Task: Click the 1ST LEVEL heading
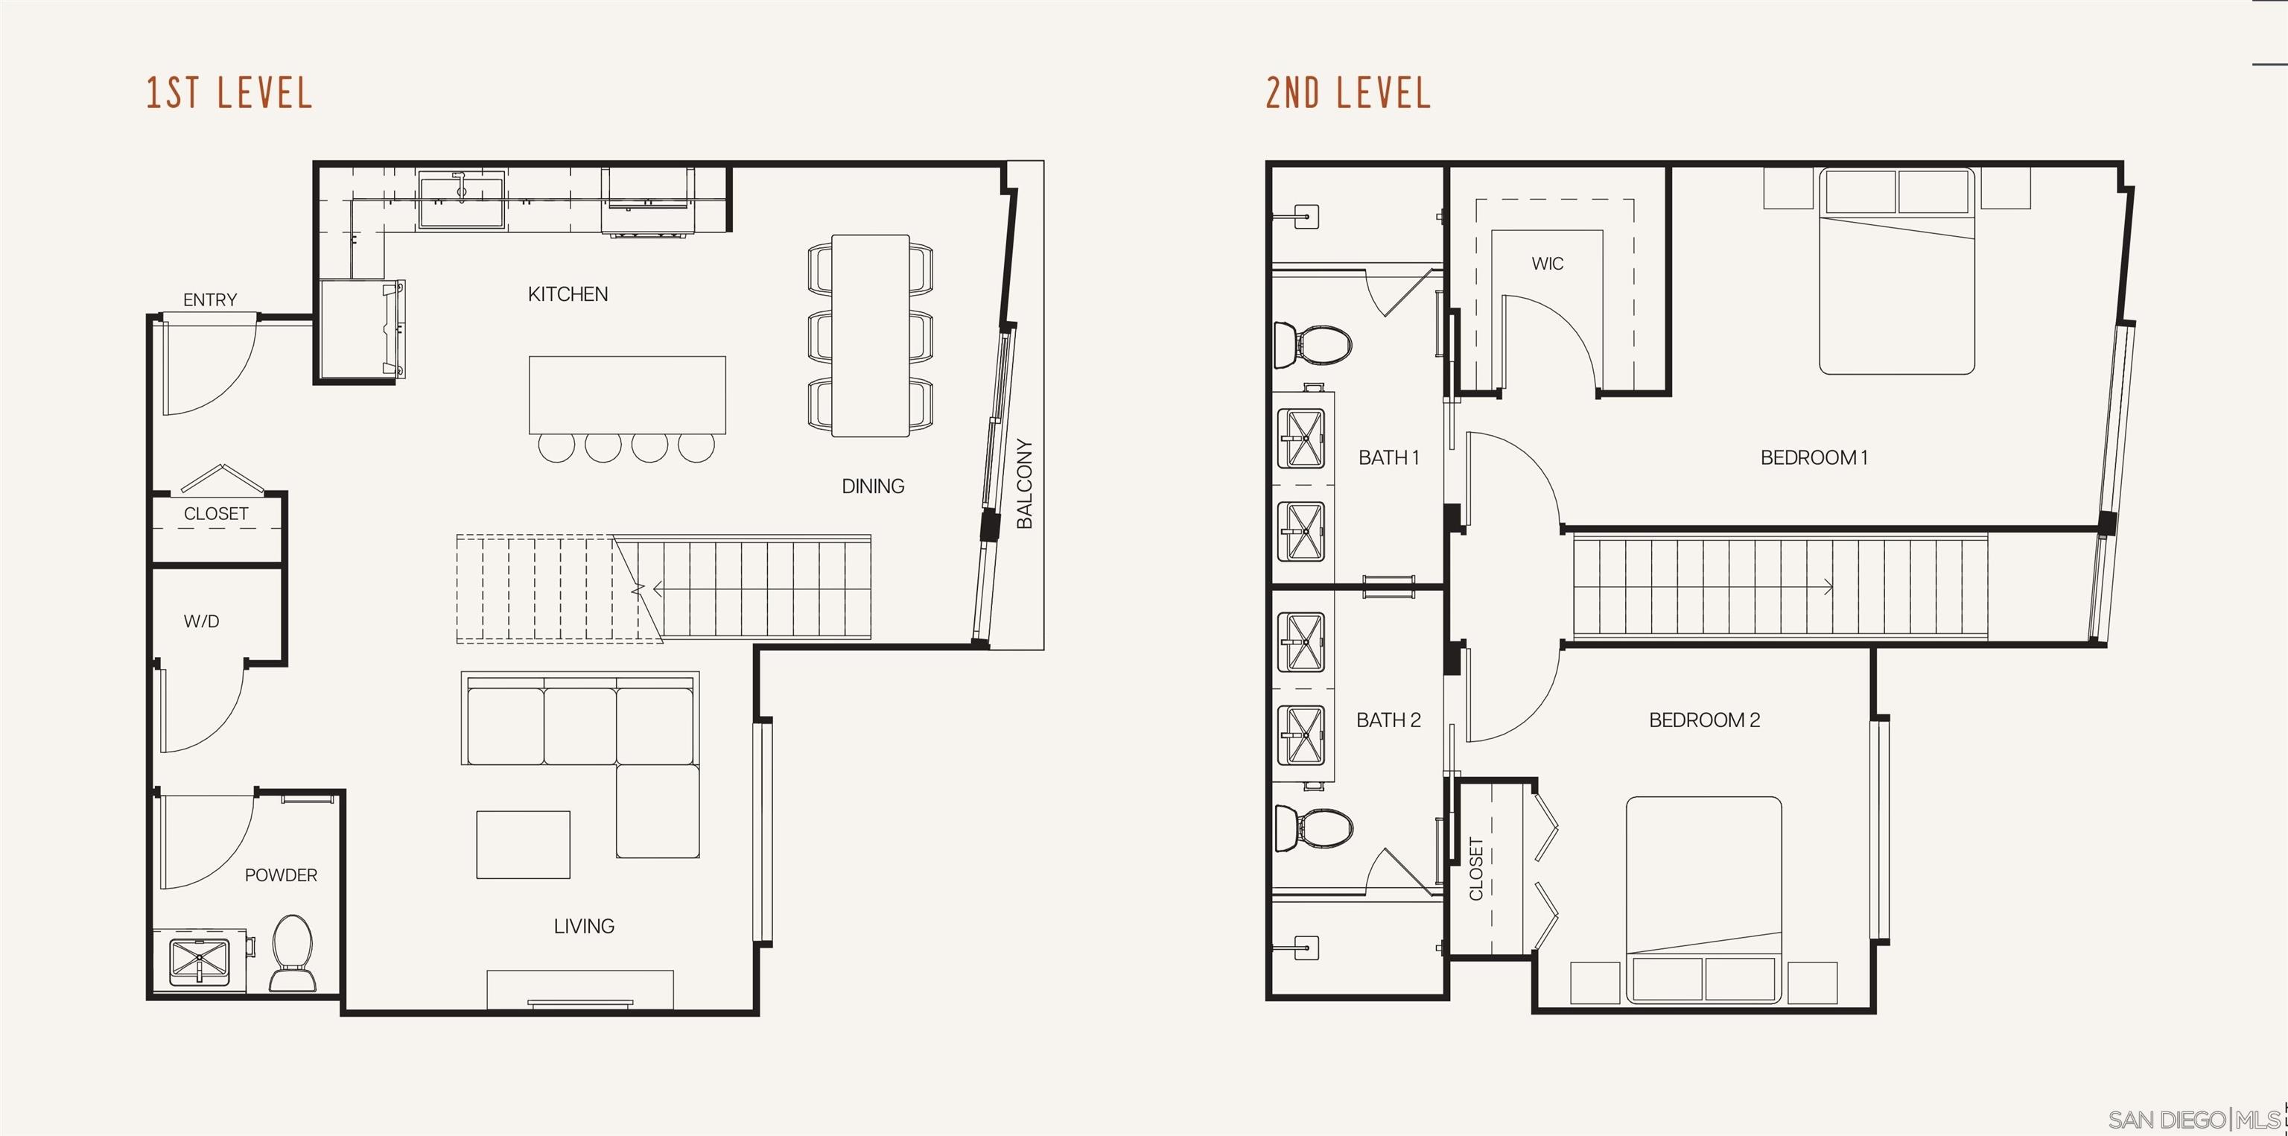pyautogui.click(x=229, y=93)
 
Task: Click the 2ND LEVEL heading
pyautogui.click(x=1347, y=93)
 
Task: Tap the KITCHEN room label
pyautogui.click(x=568, y=294)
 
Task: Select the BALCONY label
pyautogui.click(x=1024, y=484)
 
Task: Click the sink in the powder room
pyautogui.click(x=199, y=961)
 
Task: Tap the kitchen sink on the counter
pyautogui.click(x=461, y=199)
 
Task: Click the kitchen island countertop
pyautogui.click(x=627, y=394)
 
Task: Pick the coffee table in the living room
pyautogui.click(x=523, y=845)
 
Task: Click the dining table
pyautogui.click(x=871, y=336)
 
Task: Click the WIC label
pyautogui.click(x=1547, y=264)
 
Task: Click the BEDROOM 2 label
pyautogui.click(x=1703, y=720)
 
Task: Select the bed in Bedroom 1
pyautogui.click(x=1896, y=271)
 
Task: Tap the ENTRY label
pyautogui.click(x=209, y=300)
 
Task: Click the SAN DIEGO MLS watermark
pyautogui.click(x=2194, y=1119)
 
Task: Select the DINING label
pyautogui.click(x=873, y=486)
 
